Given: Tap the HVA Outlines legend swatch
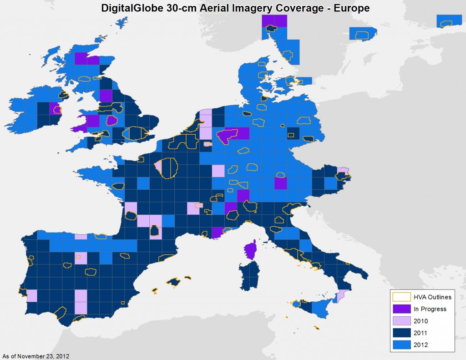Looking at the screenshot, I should [401, 297].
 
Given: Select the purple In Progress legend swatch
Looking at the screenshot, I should [401, 309].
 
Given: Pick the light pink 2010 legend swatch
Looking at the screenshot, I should [401, 321].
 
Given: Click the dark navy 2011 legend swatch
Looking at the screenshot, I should [401, 333].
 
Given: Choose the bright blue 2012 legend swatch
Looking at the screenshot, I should [401, 345].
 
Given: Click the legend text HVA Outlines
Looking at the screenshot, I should [432, 297].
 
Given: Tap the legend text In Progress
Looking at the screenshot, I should [430, 309].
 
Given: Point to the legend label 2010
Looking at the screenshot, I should [421, 321].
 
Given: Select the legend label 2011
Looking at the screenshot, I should [421, 333].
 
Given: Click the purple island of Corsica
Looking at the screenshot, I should [250, 251].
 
